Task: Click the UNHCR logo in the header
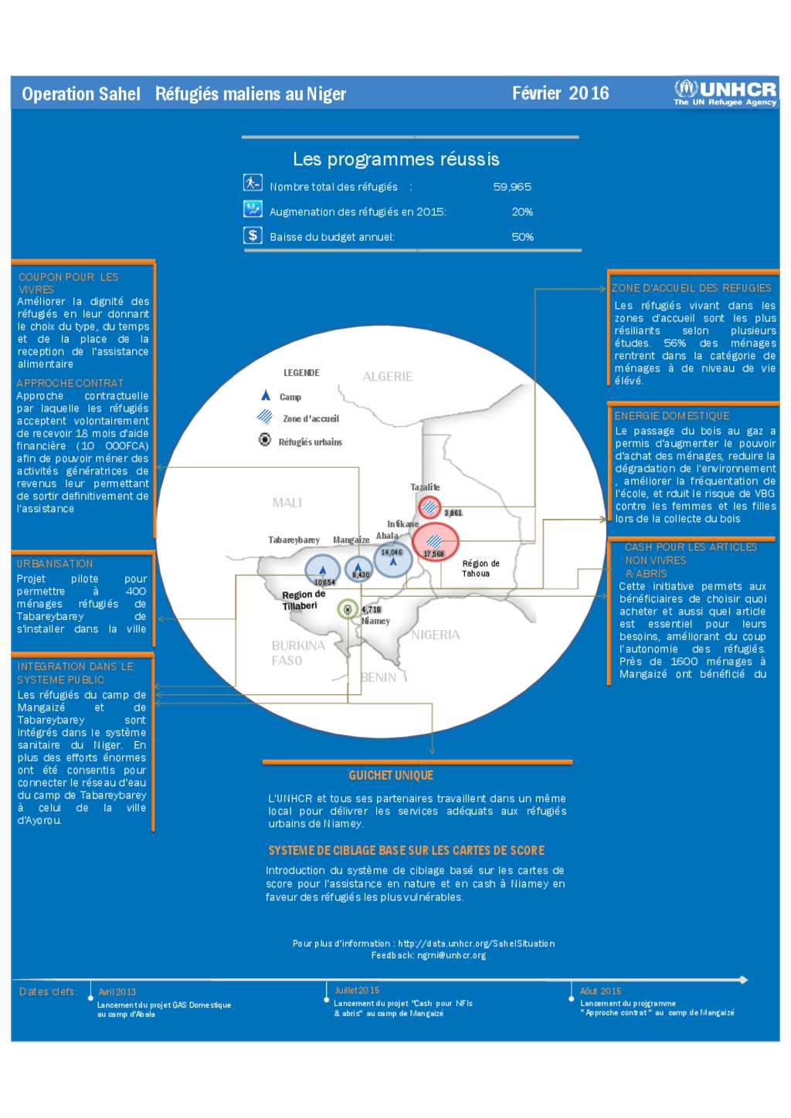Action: coord(725,93)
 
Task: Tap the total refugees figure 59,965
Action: coord(512,187)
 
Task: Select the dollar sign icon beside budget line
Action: coord(253,235)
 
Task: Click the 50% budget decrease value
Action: coord(522,237)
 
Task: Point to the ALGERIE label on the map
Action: coord(387,377)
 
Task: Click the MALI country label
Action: coord(287,503)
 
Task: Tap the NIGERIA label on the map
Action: coord(435,635)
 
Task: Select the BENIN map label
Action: coord(379,677)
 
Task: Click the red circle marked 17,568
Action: coord(435,542)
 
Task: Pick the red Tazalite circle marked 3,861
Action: coord(429,507)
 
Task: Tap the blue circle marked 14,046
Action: coord(392,557)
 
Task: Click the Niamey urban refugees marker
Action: coord(348,609)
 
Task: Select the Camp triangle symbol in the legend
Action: coord(265,395)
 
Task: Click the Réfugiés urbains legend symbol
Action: coord(265,439)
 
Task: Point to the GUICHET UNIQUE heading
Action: coord(391,775)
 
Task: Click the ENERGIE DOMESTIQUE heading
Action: coord(671,415)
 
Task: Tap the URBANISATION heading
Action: coord(55,564)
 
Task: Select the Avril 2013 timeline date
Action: coord(117,992)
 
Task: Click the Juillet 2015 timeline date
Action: coord(357,991)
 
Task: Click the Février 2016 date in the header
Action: coord(560,93)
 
